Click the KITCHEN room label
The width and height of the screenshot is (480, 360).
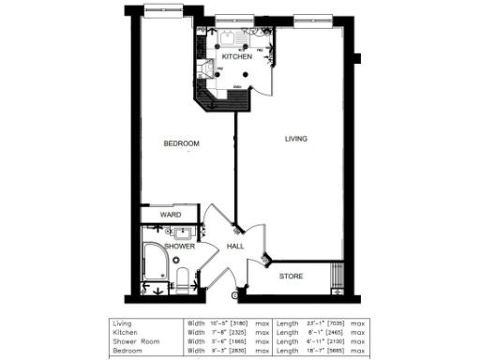[x=235, y=57]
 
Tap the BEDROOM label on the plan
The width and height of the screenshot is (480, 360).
[x=181, y=143]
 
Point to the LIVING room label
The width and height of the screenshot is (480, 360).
[x=297, y=139]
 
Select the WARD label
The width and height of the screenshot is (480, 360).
[x=170, y=215]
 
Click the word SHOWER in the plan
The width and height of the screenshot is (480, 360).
[x=180, y=247]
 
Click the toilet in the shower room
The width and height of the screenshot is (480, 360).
[x=183, y=275]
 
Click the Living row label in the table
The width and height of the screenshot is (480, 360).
[x=122, y=326]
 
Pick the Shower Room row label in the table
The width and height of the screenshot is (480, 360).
[x=133, y=342]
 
